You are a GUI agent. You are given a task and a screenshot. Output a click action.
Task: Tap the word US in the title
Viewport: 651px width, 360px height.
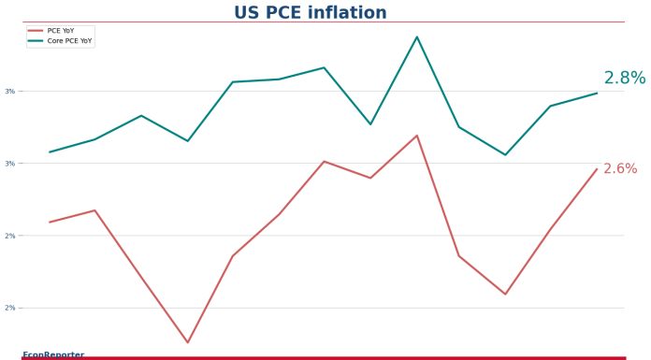tap(247, 13)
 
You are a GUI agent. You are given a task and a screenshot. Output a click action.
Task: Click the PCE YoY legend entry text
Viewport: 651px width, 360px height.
tap(61, 31)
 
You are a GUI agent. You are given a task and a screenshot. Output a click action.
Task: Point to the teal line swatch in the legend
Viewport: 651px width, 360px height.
tap(36, 41)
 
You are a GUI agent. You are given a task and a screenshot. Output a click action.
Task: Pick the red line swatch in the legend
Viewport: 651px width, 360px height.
tap(36, 31)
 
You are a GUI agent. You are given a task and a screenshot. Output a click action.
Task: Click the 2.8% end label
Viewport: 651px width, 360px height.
tap(624, 79)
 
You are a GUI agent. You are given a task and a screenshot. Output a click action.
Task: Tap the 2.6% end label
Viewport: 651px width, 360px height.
tap(620, 169)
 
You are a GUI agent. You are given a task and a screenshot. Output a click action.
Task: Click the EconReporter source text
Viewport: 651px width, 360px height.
tap(53, 354)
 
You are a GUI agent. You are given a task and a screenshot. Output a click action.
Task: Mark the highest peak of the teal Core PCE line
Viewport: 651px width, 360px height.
tap(417, 36)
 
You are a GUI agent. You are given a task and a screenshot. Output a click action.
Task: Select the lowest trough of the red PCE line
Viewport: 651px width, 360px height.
tap(187, 342)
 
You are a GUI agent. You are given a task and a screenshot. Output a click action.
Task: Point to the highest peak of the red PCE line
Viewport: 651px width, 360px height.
tap(417, 136)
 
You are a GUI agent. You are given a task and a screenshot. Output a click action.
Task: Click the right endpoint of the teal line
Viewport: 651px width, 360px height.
tap(597, 93)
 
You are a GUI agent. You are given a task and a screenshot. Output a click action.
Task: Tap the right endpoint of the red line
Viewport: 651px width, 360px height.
tap(597, 169)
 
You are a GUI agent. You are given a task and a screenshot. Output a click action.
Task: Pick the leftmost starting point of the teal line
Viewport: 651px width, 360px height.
tap(50, 151)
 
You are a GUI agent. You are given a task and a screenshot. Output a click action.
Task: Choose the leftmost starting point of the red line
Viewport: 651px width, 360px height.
tap(50, 222)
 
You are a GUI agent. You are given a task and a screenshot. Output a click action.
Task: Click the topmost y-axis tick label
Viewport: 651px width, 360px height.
tap(10, 91)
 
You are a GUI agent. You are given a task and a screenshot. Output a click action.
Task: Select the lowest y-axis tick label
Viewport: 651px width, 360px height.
tap(10, 308)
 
